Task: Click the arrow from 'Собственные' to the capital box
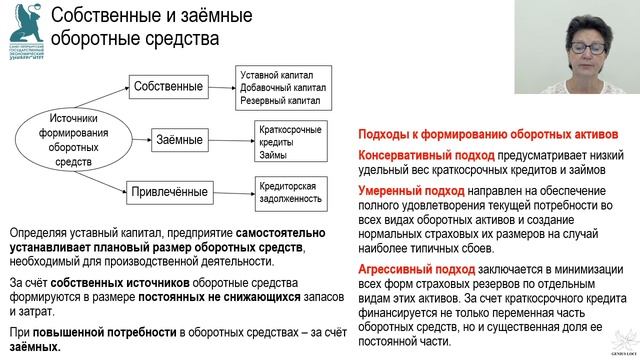[222, 88]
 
